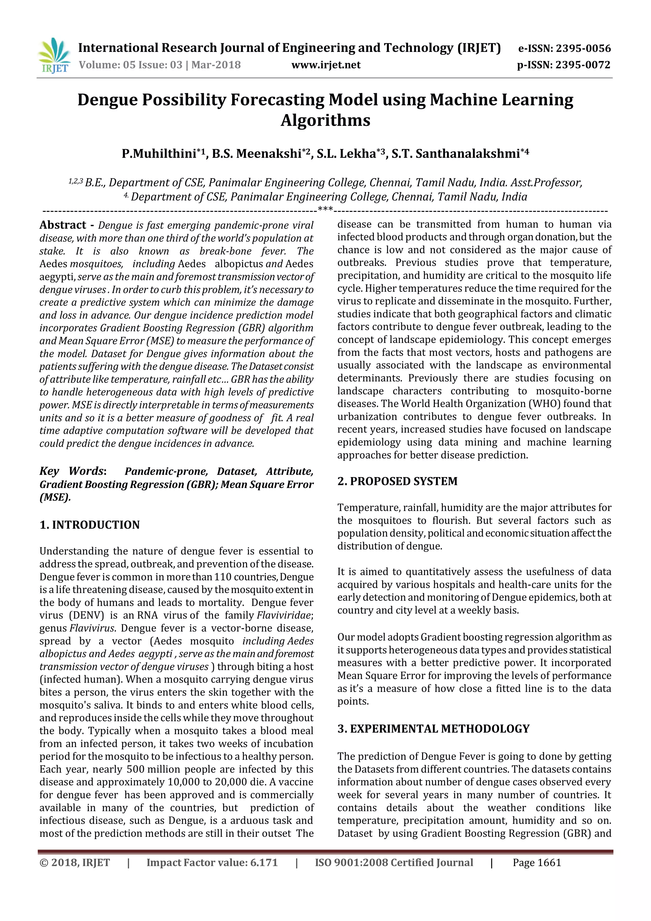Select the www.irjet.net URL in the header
click(x=326, y=65)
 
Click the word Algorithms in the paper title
click(x=325, y=120)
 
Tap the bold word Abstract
click(x=63, y=225)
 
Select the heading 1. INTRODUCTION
click(x=89, y=525)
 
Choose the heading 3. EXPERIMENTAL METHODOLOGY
click(x=433, y=729)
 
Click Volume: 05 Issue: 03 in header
click(x=130, y=65)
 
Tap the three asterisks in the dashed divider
click(x=325, y=209)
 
